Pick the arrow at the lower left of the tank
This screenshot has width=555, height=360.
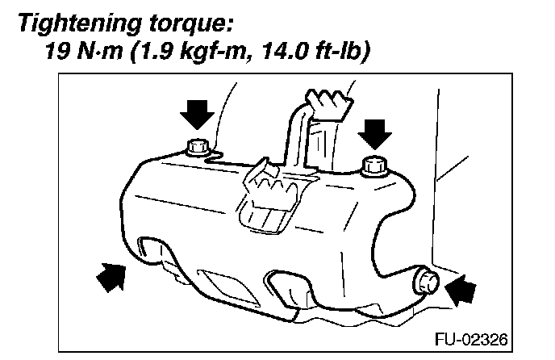112,278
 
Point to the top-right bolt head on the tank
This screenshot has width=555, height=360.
373,165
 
